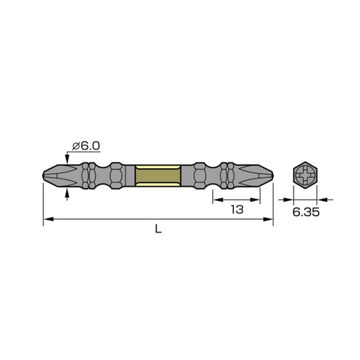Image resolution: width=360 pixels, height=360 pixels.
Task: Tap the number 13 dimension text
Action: [x=237, y=211]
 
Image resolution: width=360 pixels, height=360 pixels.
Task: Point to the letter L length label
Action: [x=158, y=230]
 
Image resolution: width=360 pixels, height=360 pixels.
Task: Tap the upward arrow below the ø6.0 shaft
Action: [x=69, y=195]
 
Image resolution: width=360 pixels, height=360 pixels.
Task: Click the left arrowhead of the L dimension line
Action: [x=47, y=219]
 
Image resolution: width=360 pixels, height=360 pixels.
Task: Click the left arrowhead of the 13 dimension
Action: [x=217, y=199]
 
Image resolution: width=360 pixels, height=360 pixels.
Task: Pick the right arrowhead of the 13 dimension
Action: [x=266, y=199]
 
